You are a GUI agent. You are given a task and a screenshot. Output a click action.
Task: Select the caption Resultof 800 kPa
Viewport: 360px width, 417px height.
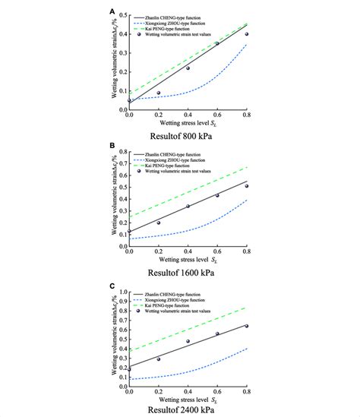click(188, 136)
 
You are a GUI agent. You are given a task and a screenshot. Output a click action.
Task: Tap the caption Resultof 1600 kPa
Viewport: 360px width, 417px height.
click(188, 270)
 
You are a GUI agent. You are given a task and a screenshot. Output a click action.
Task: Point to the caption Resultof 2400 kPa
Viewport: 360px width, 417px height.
click(188, 406)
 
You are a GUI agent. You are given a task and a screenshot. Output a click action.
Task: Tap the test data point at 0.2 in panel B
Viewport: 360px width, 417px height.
click(159, 223)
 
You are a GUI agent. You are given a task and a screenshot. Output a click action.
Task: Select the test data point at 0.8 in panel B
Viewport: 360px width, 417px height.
click(246, 185)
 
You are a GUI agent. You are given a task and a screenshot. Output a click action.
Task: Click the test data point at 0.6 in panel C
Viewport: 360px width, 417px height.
click(217, 333)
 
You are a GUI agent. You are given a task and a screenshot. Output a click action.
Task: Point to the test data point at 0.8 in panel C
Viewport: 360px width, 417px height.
click(246, 326)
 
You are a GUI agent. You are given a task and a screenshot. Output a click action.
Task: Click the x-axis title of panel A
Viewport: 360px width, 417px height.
click(188, 122)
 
